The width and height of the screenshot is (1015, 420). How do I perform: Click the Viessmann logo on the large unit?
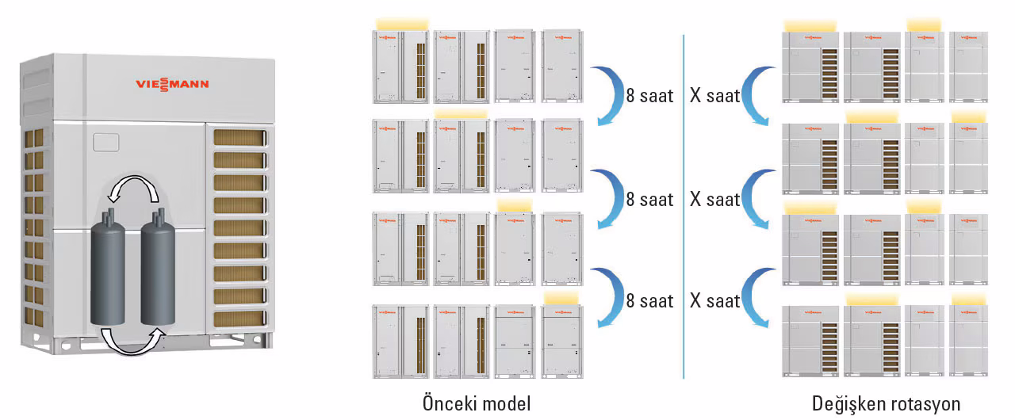(172, 85)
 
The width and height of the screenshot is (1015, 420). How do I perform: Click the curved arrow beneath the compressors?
(133, 342)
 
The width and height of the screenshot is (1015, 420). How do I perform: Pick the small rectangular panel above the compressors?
(105, 143)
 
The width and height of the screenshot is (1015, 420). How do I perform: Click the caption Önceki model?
(476, 403)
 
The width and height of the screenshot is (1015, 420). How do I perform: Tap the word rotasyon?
(923, 403)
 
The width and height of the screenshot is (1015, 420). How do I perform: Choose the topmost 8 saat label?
(649, 97)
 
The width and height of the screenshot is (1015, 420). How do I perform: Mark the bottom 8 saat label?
(649, 301)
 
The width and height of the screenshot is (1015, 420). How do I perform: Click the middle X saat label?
(714, 200)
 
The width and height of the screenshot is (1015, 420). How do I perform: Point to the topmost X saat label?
(714, 97)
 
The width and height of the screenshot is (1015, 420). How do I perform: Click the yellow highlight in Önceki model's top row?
(402, 24)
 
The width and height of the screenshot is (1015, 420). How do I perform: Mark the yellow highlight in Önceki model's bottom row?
(565, 298)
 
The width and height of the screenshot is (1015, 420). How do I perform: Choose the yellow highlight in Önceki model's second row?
(461, 115)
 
